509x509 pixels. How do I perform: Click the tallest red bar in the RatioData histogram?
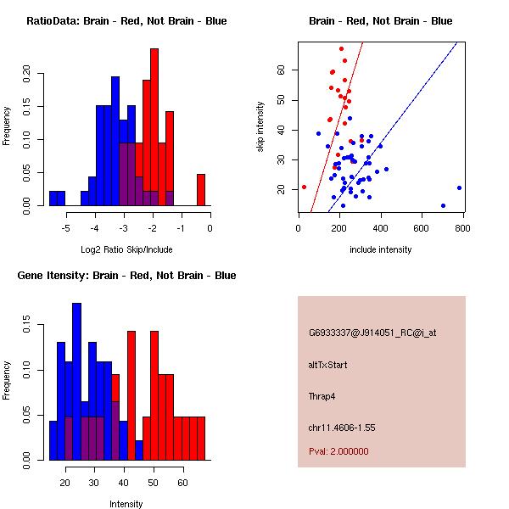(154, 127)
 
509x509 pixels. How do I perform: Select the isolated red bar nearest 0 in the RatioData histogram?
(201, 189)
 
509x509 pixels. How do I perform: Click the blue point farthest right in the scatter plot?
(459, 187)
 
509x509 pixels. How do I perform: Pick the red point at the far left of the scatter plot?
(304, 187)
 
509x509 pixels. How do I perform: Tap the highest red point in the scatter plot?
(341, 48)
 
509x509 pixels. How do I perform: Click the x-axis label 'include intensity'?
(381, 250)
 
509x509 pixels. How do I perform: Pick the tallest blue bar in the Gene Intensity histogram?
(76, 382)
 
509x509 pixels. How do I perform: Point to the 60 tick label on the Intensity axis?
(182, 482)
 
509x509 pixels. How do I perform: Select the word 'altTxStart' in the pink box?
(327, 365)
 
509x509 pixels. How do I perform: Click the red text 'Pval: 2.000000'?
(338, 451)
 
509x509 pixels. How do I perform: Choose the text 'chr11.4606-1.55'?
(341, 427)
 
